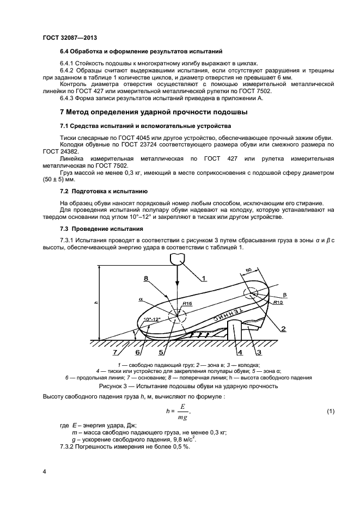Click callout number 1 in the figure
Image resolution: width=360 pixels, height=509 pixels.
coord(203,278)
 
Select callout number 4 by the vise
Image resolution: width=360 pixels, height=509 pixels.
coord(240,353)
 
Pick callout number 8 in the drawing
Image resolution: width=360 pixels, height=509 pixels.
coord(145,278)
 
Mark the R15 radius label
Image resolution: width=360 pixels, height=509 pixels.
coord(187,303)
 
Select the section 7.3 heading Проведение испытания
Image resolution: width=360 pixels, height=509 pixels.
coord(101,229)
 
